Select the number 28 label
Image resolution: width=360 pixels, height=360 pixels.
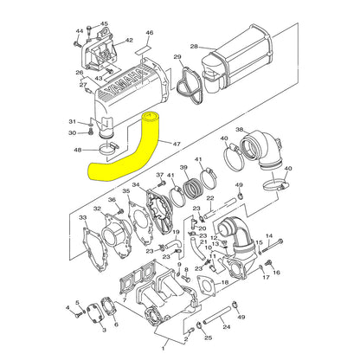pyautogui.click(x=194, y=46)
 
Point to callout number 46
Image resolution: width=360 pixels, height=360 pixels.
pyautogui.click(x=149, y=33)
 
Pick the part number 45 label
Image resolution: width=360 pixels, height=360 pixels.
pyautogui.click(x=104, y=24)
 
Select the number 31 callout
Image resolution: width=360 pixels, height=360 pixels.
pyautogui.click(x=73, y=121)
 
